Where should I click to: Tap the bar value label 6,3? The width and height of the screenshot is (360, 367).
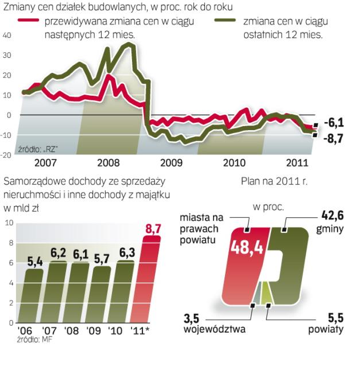coord(125,251)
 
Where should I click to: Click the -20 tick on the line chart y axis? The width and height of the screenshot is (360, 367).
coord(7,155)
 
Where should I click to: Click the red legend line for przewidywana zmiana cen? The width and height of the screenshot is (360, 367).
coord(28,21)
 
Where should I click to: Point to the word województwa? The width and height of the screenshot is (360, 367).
coord(215,330)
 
